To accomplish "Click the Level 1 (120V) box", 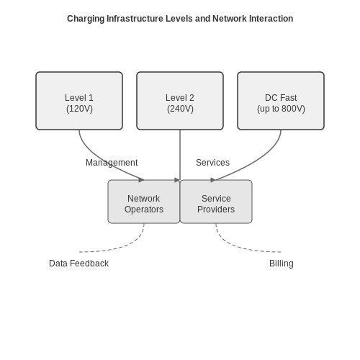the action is click(79, 101).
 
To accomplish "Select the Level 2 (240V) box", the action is click(180, 101).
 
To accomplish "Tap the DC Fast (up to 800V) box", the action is click(281, 101).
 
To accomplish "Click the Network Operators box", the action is click(144, 202).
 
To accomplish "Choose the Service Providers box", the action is click(216, 202).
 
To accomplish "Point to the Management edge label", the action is click(112, 163).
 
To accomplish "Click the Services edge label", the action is click(212, 163).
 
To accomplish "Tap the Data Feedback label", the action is click(78, 264).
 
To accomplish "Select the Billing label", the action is click(282, 264).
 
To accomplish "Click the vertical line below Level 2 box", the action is click(180, 155).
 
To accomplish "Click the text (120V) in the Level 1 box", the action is click(79, 109).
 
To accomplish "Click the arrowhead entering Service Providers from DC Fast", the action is click(213, 180).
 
